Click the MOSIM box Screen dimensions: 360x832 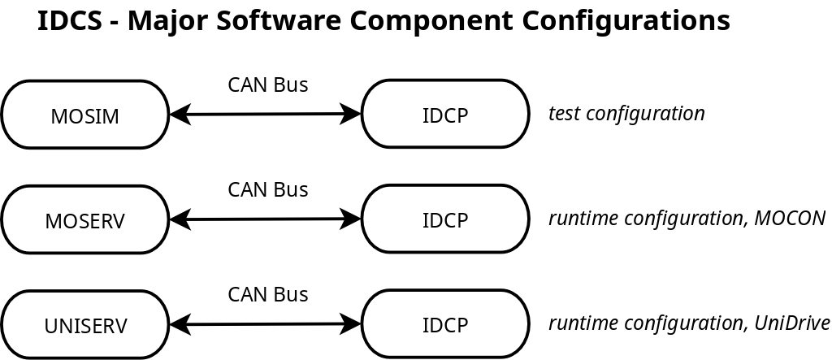[85, 115]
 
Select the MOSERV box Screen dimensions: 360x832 [85, 219]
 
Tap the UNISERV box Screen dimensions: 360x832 [85, 324]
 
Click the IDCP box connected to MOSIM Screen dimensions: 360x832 [445, 114]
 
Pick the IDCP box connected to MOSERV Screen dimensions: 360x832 [445, 219]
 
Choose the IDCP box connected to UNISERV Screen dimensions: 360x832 [445, 323]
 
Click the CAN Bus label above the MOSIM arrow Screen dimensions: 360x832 [267, 85]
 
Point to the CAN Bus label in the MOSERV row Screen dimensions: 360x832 [267, 189]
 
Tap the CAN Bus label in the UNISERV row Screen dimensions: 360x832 [267, 294]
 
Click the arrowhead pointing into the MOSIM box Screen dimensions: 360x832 [179, 115]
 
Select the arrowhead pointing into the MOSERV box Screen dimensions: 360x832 [179, 219]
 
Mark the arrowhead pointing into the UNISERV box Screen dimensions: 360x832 [179, 324]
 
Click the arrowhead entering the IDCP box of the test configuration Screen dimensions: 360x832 [352, 114]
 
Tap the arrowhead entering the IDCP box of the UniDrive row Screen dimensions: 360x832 [352, 323]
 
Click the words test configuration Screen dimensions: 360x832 [626, 113]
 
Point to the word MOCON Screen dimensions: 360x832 [790, 218]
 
